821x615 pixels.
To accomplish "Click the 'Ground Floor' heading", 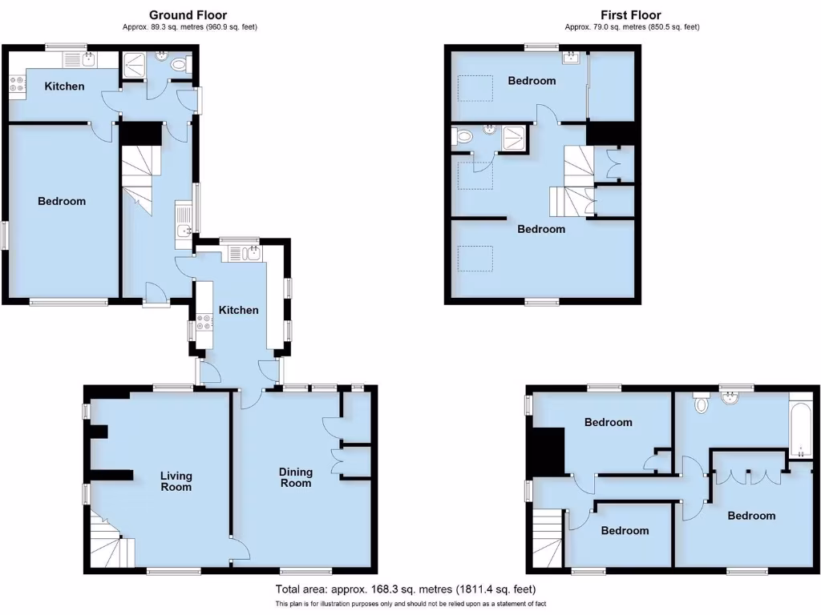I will click(188, 14).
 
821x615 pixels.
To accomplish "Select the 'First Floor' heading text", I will click(631, 14).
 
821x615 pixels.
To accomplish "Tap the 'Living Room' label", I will click(176, 480).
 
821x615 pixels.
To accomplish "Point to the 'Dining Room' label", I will click(294, 477).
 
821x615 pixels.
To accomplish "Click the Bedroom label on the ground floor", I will click(62, 201).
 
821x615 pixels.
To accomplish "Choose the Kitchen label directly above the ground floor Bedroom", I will click(64, 86).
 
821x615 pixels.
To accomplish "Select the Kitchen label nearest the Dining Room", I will click(239, 310).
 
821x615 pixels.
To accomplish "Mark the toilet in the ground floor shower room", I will click(180, 64).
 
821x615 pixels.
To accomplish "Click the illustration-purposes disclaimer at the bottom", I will click(410, 604).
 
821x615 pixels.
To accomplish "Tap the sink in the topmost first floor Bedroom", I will click(572, 57).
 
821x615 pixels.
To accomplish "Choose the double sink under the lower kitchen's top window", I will click(245, 253).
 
